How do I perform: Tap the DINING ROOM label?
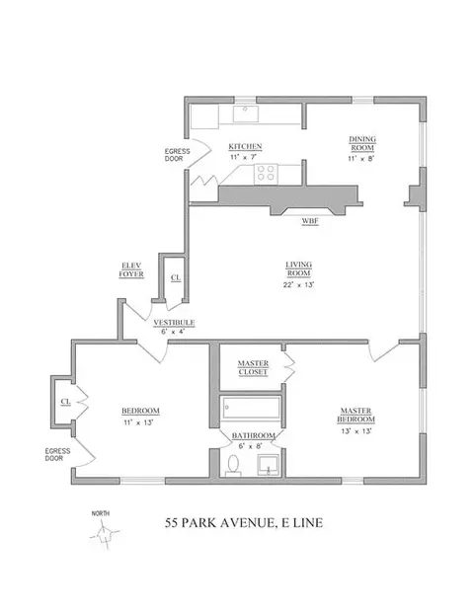coord(363,143)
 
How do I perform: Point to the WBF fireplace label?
coord(309,222)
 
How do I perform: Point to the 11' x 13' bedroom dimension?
coord(140,421)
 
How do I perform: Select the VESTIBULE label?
coord(173,323)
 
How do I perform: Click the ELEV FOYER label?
coord(134,270)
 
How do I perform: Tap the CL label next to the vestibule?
coord(174,278)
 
